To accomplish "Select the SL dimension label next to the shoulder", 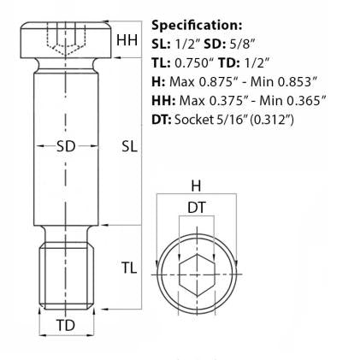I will (130, 146).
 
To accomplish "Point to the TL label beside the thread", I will (128, 268).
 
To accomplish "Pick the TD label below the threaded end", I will (65, 326).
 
